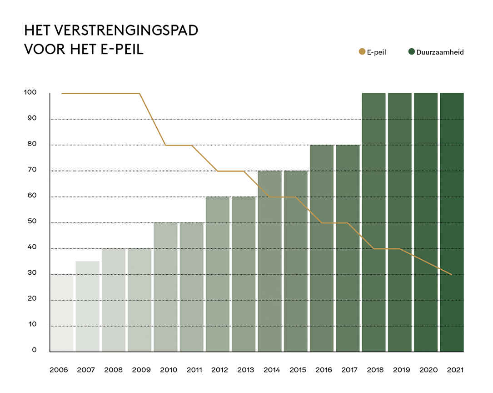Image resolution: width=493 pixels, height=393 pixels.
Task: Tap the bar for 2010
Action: click(x=165, y=287)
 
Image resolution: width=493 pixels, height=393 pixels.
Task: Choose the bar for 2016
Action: click(x=322, y=248)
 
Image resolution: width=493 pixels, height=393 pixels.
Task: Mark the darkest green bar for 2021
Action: click(x=452, y=222)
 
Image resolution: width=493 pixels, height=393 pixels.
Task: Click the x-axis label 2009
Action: click(x=141, y=370)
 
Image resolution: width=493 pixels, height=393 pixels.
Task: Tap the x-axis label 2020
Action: click(x=428, y=370)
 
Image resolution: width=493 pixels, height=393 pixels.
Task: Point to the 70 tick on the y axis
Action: click(x=31, y=171)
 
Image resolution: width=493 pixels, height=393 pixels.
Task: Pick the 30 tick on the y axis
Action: click(x=31, y=274)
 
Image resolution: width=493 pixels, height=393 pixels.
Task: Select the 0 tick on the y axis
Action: click(x=34, y=350)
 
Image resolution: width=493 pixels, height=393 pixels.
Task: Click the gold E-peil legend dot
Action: click(x=362, y=52)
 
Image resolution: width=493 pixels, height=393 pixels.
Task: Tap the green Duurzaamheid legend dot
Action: click(x=412, y=52)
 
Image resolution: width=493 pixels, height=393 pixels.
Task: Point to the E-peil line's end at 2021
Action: click(x=451, y=274)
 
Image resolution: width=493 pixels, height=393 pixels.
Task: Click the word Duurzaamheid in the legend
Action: click(x=440, y=52)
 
